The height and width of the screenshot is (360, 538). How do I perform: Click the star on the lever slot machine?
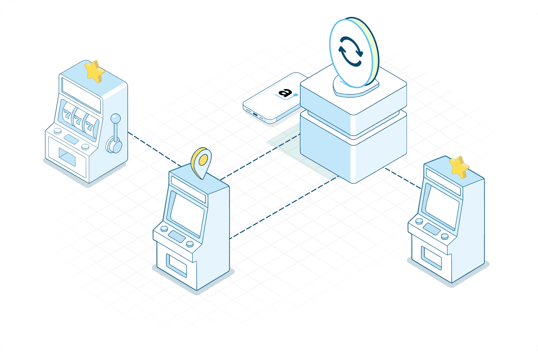click(x=94, y=72)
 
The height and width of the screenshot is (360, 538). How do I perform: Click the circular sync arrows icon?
click(x=350, y=52)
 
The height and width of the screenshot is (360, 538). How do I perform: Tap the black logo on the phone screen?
click(x=284, y=93)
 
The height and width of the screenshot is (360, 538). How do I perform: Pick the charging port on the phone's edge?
click(x=255, y=114)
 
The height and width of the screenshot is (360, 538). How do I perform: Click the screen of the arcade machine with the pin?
click(x=187, y=214)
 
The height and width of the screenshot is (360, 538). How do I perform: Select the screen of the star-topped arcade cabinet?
click(x=441, y=204)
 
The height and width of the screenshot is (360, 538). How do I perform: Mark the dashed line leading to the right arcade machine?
click(x=403, y=179)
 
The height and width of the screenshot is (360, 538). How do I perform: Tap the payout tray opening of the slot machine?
click(x=67, y=156)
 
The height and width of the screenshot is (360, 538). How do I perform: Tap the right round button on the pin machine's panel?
click(x=189, y=244)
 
